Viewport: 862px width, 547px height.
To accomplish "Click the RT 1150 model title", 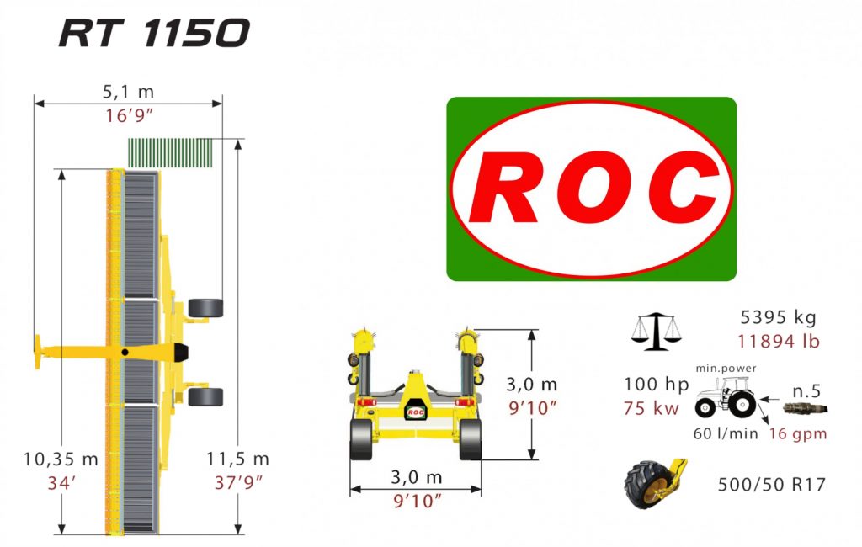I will click(x=154, y=33).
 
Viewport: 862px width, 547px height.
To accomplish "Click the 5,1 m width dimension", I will click(x=128, y=92).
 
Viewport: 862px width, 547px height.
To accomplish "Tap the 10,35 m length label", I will click(x=61, y=459).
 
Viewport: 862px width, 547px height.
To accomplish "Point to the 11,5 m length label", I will click(x=237, y=459).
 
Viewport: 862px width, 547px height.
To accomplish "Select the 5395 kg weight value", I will click(x=779, y=318).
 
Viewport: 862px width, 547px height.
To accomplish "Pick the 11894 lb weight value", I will click(x=779, y=342).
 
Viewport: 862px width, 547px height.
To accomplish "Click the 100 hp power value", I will click(x=656, y=385).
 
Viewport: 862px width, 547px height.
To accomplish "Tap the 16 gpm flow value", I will click(x=797, y=433).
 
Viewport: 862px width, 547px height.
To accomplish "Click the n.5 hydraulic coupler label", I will click(x=806, y=390).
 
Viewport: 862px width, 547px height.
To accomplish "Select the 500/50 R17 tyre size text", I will click(x=771, y=485).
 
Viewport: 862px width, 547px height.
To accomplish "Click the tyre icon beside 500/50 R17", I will click(x=652, y=482).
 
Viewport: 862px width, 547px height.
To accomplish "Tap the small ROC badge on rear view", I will click(x=415, y=412).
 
